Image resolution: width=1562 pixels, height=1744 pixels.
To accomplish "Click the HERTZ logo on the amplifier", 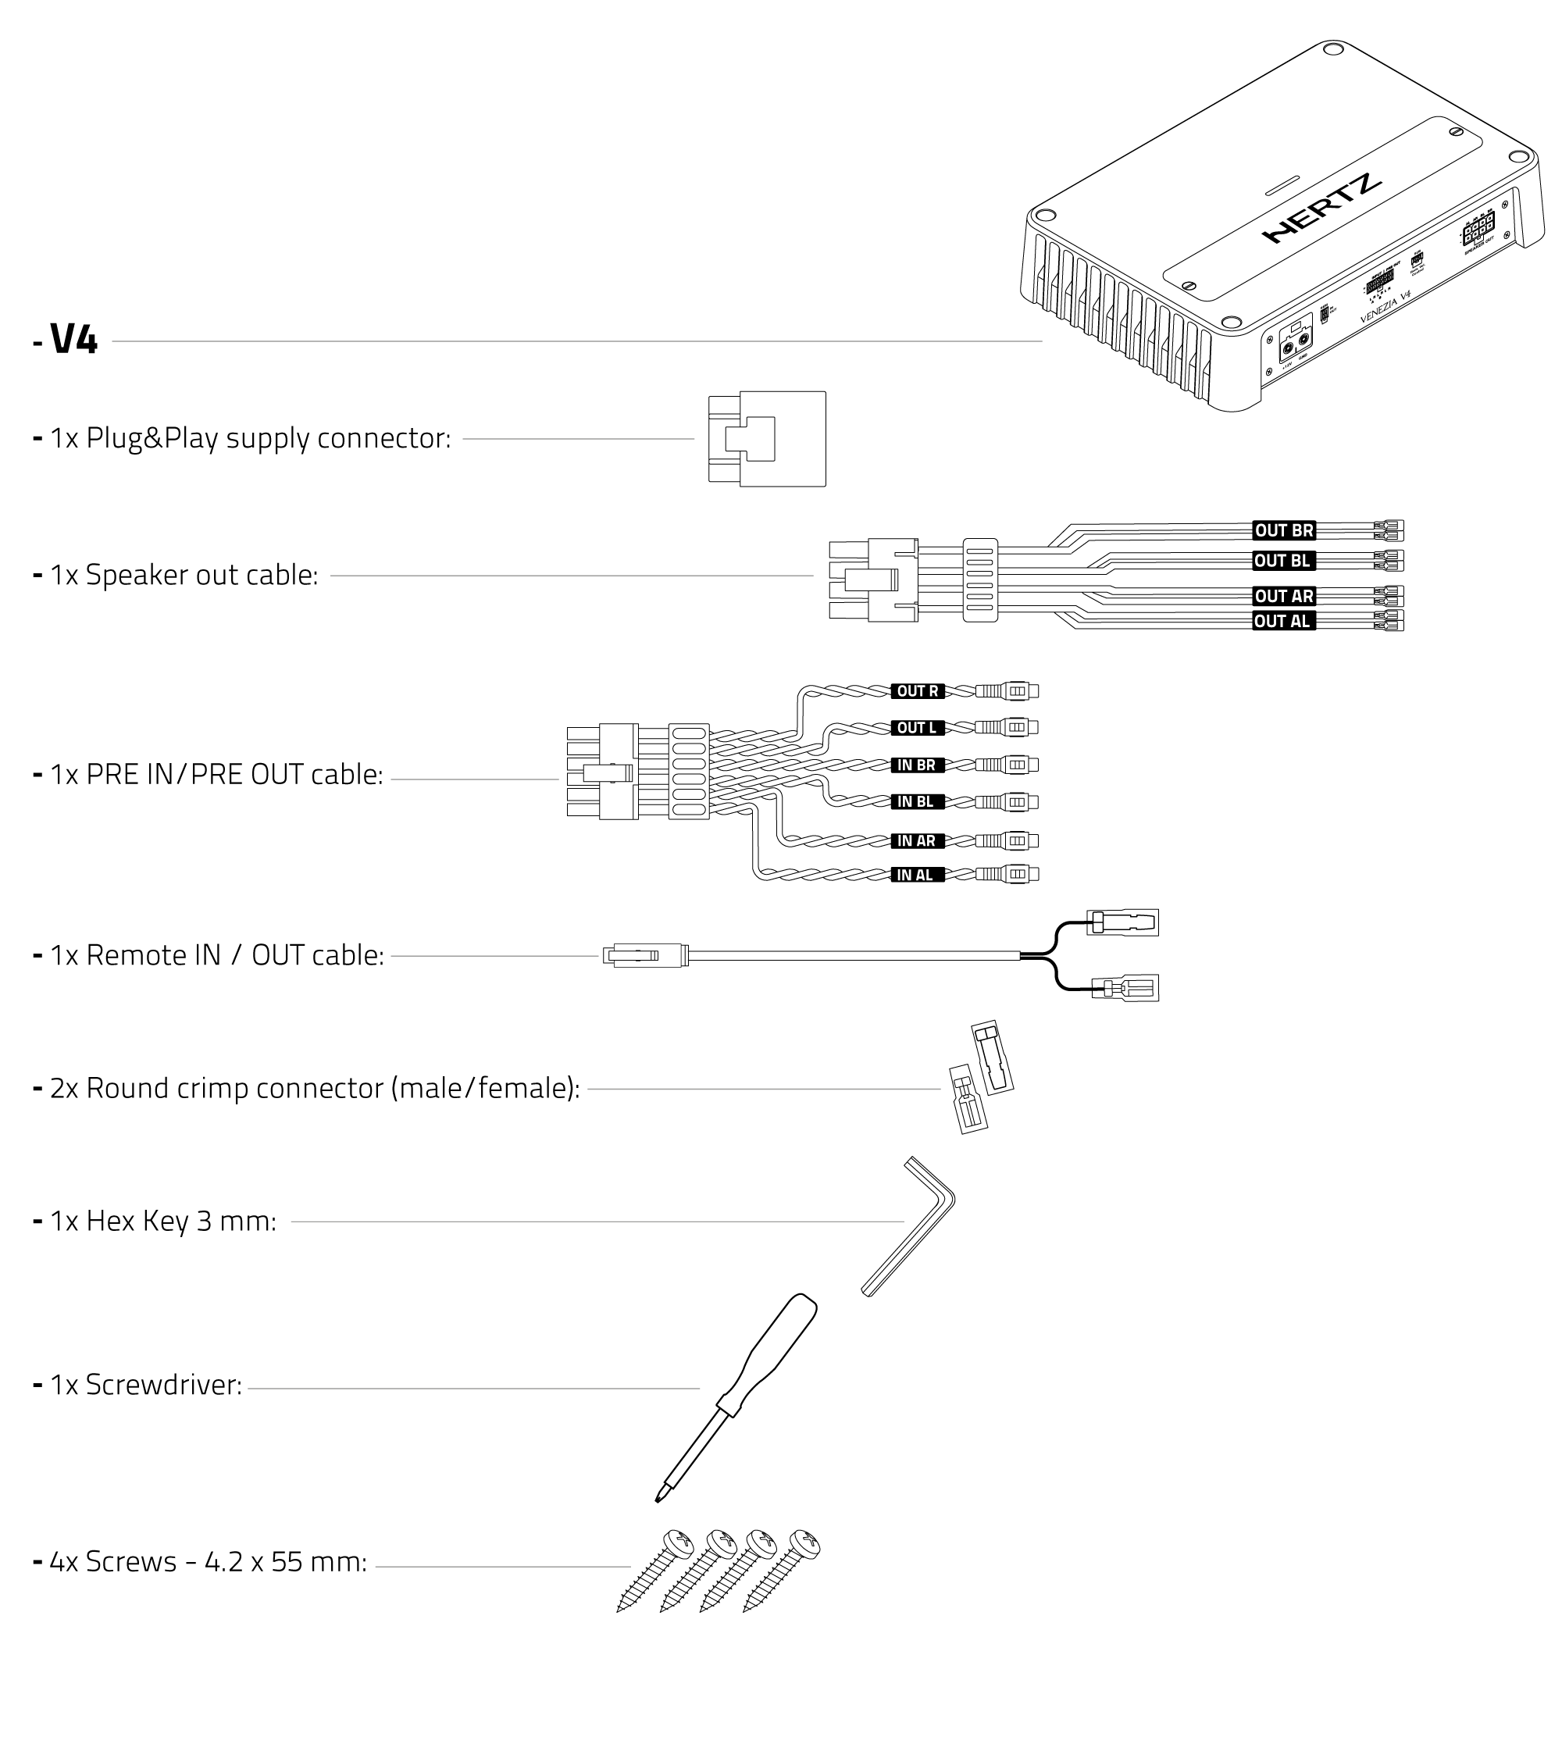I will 1321,208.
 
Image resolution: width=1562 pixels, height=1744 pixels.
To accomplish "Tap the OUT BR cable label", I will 1283,530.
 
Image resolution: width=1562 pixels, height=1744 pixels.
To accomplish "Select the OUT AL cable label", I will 1282,621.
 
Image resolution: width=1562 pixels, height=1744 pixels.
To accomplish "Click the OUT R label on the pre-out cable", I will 917,691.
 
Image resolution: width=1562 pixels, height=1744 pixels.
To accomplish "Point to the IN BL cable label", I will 915,801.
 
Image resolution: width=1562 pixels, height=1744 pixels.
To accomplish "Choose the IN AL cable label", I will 915,875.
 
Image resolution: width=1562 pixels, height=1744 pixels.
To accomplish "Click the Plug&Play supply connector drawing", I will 766,439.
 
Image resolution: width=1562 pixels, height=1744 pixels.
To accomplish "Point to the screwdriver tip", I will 659,1498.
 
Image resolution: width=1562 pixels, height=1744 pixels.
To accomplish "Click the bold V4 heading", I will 74,339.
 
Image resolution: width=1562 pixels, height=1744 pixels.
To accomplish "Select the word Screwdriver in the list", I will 163,1385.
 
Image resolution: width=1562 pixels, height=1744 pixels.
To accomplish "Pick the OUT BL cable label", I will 1282,561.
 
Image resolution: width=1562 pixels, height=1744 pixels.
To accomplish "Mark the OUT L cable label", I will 917,728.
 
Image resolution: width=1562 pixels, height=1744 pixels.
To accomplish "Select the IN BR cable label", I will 916,765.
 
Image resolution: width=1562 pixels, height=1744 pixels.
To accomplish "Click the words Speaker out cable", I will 201,575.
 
